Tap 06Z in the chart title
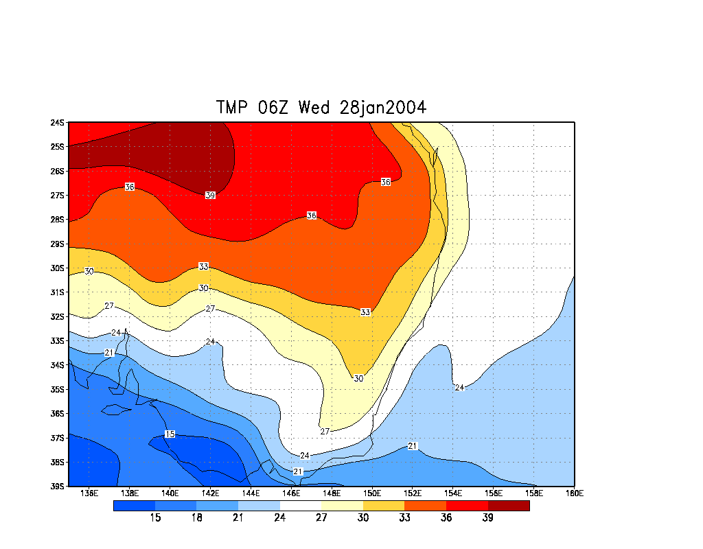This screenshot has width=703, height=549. (x=276, y=108)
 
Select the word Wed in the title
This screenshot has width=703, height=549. (x=316, y=108)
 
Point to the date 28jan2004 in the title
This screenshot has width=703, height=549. (x=383, y=108)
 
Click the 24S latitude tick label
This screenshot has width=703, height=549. (x=57, y=123)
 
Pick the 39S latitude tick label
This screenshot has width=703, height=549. (x=57, y=487)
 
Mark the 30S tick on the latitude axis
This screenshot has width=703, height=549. (x=57, y=268)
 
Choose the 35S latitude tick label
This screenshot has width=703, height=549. (x=57, y=389)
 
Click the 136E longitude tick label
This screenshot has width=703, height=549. (x=89, y=493)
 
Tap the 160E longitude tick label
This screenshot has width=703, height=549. (x=574, y=493)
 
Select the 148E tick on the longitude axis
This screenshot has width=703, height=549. (x=332, y=493)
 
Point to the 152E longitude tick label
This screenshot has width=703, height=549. (x=413, y=493)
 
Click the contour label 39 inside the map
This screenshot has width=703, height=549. (x=210, y=196)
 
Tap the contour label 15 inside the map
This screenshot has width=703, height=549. (x=170, y=434)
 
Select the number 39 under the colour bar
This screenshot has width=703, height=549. (x=487, y=517)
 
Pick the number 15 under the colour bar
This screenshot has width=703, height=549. (x=155, y=517)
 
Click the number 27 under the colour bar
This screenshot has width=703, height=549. (x=321, y=517)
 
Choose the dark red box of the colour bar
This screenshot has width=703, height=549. (x=509, y=506)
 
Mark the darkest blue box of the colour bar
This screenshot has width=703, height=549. (x=134, y=506)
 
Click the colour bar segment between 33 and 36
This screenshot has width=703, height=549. (x=426, y=506)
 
